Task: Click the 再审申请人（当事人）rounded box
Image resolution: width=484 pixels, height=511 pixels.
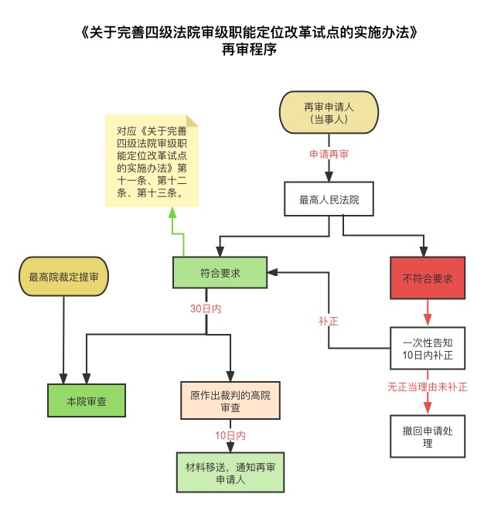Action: point(329,113)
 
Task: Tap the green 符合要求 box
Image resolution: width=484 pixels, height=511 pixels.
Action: point(220,273)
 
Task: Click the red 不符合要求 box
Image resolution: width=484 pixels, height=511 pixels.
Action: point(428,277)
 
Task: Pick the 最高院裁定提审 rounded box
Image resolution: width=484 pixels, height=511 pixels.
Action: point(63,277)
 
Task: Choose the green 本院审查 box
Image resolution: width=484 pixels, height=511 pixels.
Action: point(85,401)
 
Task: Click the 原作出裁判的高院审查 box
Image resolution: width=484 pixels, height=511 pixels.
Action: point(230,400)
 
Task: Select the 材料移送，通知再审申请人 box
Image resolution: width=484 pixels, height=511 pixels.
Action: point(230,473)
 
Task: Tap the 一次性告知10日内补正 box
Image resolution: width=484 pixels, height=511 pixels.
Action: point(428,349)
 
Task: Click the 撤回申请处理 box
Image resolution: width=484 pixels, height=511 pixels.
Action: point(428,438)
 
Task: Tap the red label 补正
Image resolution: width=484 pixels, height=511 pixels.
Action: point(329,320)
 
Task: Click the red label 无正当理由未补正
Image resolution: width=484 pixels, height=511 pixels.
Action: point(428,386)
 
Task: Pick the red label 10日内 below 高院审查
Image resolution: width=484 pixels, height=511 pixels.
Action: point(230,436)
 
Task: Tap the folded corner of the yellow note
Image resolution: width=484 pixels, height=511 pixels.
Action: point(192,119)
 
